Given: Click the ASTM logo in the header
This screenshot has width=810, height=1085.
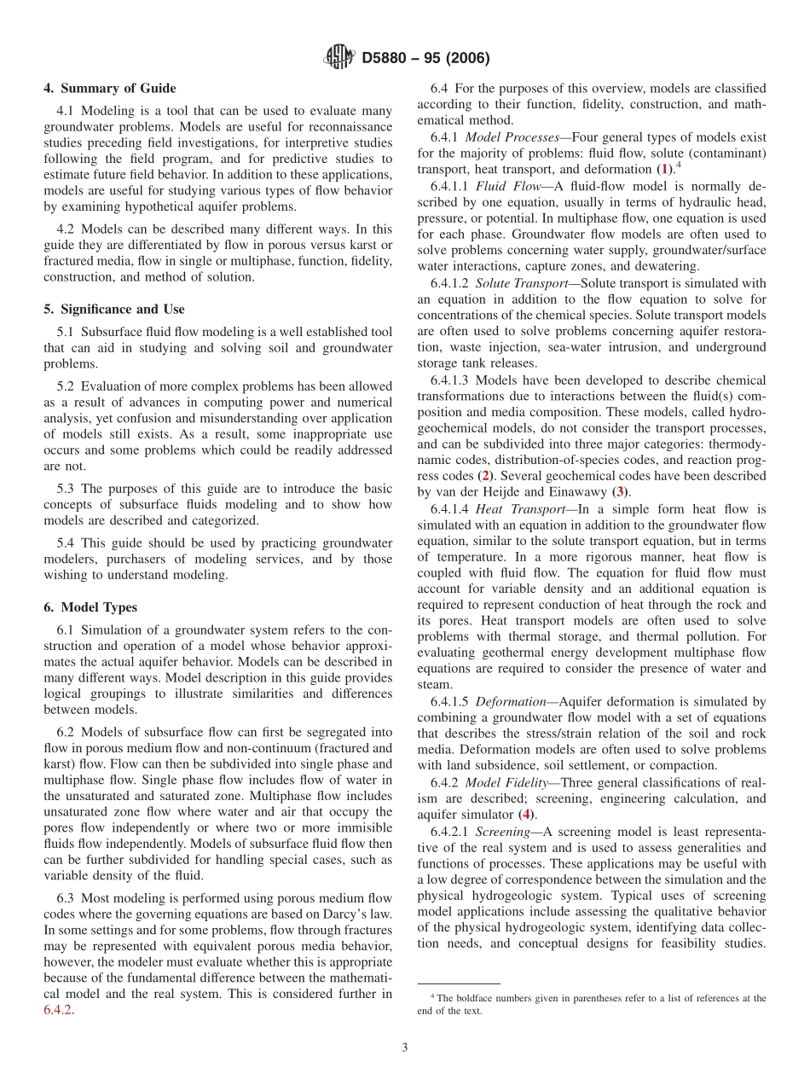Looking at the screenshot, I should click(x=340, y=58).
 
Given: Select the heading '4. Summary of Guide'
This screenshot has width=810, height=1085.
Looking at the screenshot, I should click(x=110, y=89).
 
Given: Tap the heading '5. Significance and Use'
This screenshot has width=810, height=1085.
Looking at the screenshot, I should click(x=114, y=309).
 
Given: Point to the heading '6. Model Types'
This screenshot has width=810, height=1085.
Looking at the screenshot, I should click(x=90, y=607).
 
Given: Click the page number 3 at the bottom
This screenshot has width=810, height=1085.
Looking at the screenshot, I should click(x=405, y=1047).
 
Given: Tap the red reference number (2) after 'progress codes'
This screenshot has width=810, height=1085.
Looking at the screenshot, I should click(x=484, y=476).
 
